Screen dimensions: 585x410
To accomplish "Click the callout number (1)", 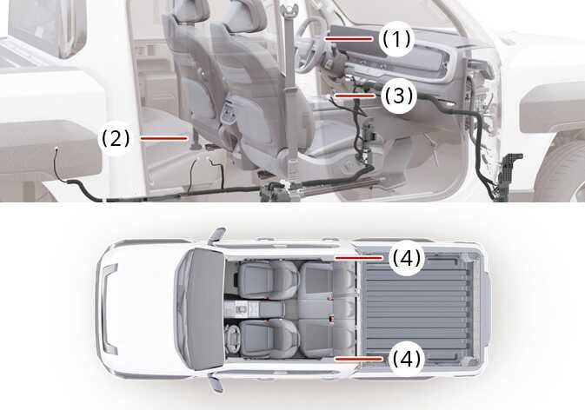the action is [396, 39].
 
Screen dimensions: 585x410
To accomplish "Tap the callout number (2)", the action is [116, 139].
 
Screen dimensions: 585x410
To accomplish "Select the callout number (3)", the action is [399, 96].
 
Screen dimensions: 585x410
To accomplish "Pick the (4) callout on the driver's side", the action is [406, 359].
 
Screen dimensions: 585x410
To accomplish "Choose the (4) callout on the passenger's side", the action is [406, 258].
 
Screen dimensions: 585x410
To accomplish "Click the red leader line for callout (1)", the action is [349, 39].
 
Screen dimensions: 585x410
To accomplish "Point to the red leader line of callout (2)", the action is [163, 138].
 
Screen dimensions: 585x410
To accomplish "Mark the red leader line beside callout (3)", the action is [355, 96].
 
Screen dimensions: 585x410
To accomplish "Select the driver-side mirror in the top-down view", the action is [216, 384].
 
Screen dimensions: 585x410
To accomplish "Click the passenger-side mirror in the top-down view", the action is [217, 234].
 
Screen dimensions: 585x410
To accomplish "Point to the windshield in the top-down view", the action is [204, 309].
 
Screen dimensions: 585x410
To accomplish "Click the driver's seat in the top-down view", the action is [269, 338].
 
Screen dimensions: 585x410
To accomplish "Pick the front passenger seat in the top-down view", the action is [269, 280].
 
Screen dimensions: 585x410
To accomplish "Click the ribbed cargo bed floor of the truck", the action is [415, 309].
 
